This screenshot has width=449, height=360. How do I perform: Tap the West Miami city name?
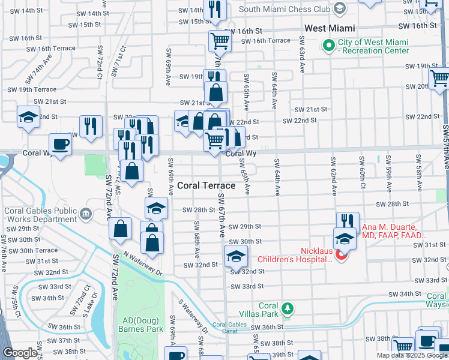point(330,28)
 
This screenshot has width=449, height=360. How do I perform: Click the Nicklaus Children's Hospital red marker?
point(342,256)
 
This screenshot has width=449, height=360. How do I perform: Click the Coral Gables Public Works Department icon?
point(86,214)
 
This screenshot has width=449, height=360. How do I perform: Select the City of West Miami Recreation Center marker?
point(328,46)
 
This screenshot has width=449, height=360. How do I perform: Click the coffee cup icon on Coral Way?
point(60,145)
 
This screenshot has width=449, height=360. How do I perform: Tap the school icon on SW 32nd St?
point(237,256)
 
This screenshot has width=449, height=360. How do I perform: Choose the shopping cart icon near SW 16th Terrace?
point(220,41)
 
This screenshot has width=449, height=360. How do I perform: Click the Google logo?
point(20,353)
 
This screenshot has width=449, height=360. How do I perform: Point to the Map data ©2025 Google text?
point(412,355)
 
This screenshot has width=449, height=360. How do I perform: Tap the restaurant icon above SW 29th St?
point(348,222)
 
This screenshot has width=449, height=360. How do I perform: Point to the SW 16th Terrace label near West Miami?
point(266,41)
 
